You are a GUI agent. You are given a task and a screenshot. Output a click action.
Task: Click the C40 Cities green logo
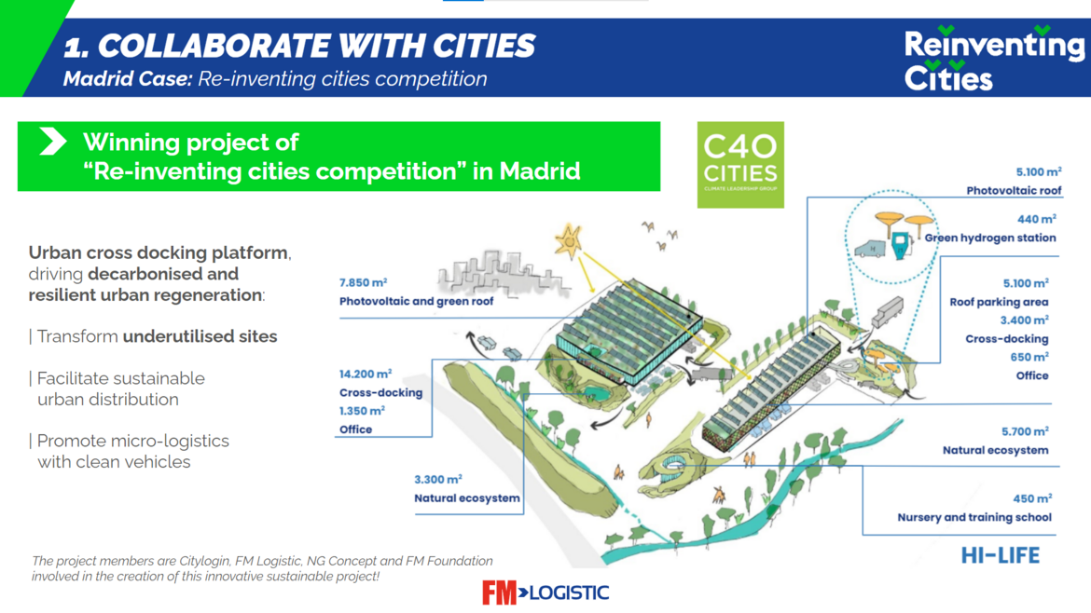pyautogui.click(x=740, y=165)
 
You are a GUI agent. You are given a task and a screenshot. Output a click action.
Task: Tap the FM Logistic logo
pyautogui.click(x=545, y=593)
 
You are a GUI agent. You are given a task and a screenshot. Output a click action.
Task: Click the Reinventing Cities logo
pyautogui.click(x=994, y=59)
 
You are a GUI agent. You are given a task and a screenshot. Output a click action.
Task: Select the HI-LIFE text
pyautogui.click(x=1001, y=555)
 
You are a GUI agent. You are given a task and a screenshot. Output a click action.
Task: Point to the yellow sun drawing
pyautogui.click(x=569, y=241)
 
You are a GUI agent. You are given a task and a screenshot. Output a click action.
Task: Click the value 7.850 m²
pyautogui.click(x=364, y=283)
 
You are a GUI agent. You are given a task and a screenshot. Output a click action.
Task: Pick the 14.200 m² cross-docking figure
pyautogui.click(x=366, y=374)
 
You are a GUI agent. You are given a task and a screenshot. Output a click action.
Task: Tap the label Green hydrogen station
pyautogui.click(x=990, y=238)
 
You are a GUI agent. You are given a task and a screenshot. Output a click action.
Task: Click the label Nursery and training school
pyautogui.click(x=974, y=517)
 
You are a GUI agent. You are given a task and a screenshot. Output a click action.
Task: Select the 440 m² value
pyautogui.click(x=1037, y=220)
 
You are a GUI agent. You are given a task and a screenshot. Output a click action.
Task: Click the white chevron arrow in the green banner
pyautogui.click(x=53, y=141)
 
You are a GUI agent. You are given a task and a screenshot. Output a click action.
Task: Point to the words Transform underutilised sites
pyautogui.click(x=158, y=336)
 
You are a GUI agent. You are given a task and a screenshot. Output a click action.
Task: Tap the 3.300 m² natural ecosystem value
pyautogui.click(x=438, y=480)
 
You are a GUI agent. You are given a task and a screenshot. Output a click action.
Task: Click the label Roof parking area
pyautogui.click(x=1000, y=302)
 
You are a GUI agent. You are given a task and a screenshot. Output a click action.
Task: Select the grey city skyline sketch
pyautogui.click(x=503, y=272)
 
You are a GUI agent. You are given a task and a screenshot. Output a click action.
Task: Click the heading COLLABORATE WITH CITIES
pyautogui.click(x=317, y=46)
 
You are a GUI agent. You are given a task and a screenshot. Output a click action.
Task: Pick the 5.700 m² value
pyautogui.click(x=1025, y=431)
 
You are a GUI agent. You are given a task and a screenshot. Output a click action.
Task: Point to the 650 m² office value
pyautogui.click(x=1029, y=357)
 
